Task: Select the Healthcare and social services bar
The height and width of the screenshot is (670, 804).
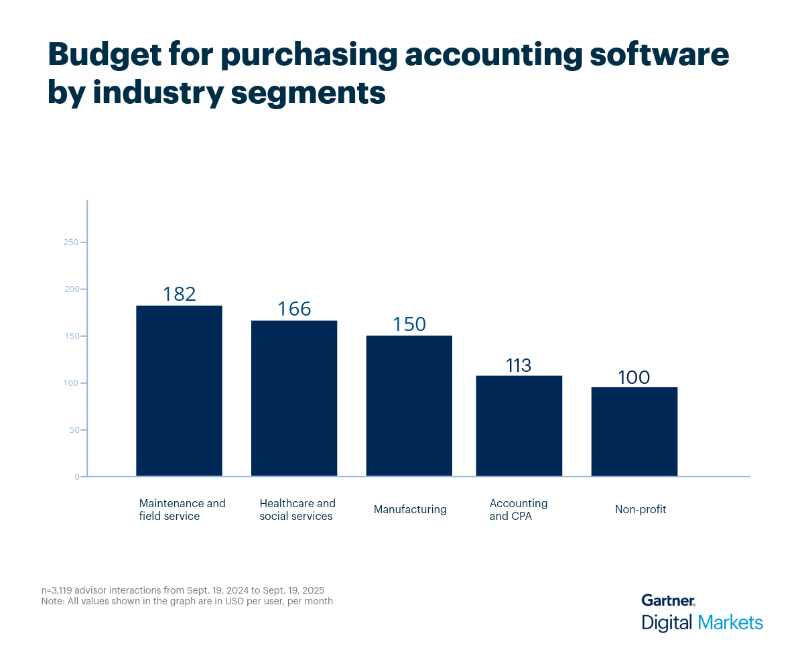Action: (x=294, y=398)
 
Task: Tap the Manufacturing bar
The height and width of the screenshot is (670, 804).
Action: (x=409, y=405)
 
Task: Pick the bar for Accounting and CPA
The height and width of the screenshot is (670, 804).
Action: (x=519, y=425)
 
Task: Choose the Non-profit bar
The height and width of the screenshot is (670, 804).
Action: (x=634, y=431)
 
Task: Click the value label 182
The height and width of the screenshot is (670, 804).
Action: (x=179, y=294)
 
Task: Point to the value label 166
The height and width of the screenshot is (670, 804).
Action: (x=295, y=309)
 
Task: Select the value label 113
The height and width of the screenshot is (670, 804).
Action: (x=519, y=365)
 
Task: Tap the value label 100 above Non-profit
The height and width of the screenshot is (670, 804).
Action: (x=634, y=377)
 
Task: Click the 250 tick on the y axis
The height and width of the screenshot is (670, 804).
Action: (x=71, y=242)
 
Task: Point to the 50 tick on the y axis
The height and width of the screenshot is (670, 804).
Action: (x=73, y=429)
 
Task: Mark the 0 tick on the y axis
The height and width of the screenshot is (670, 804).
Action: (x=77, y=476)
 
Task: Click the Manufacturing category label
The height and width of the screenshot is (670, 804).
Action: (x=410, y=509)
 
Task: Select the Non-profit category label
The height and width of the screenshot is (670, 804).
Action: (x=641, y=509)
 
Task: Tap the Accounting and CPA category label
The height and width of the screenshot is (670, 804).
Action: (x=519, y=509)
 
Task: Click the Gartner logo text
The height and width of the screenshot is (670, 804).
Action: (x=668, y=600)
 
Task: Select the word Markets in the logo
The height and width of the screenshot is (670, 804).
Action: (x=730, y=622)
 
